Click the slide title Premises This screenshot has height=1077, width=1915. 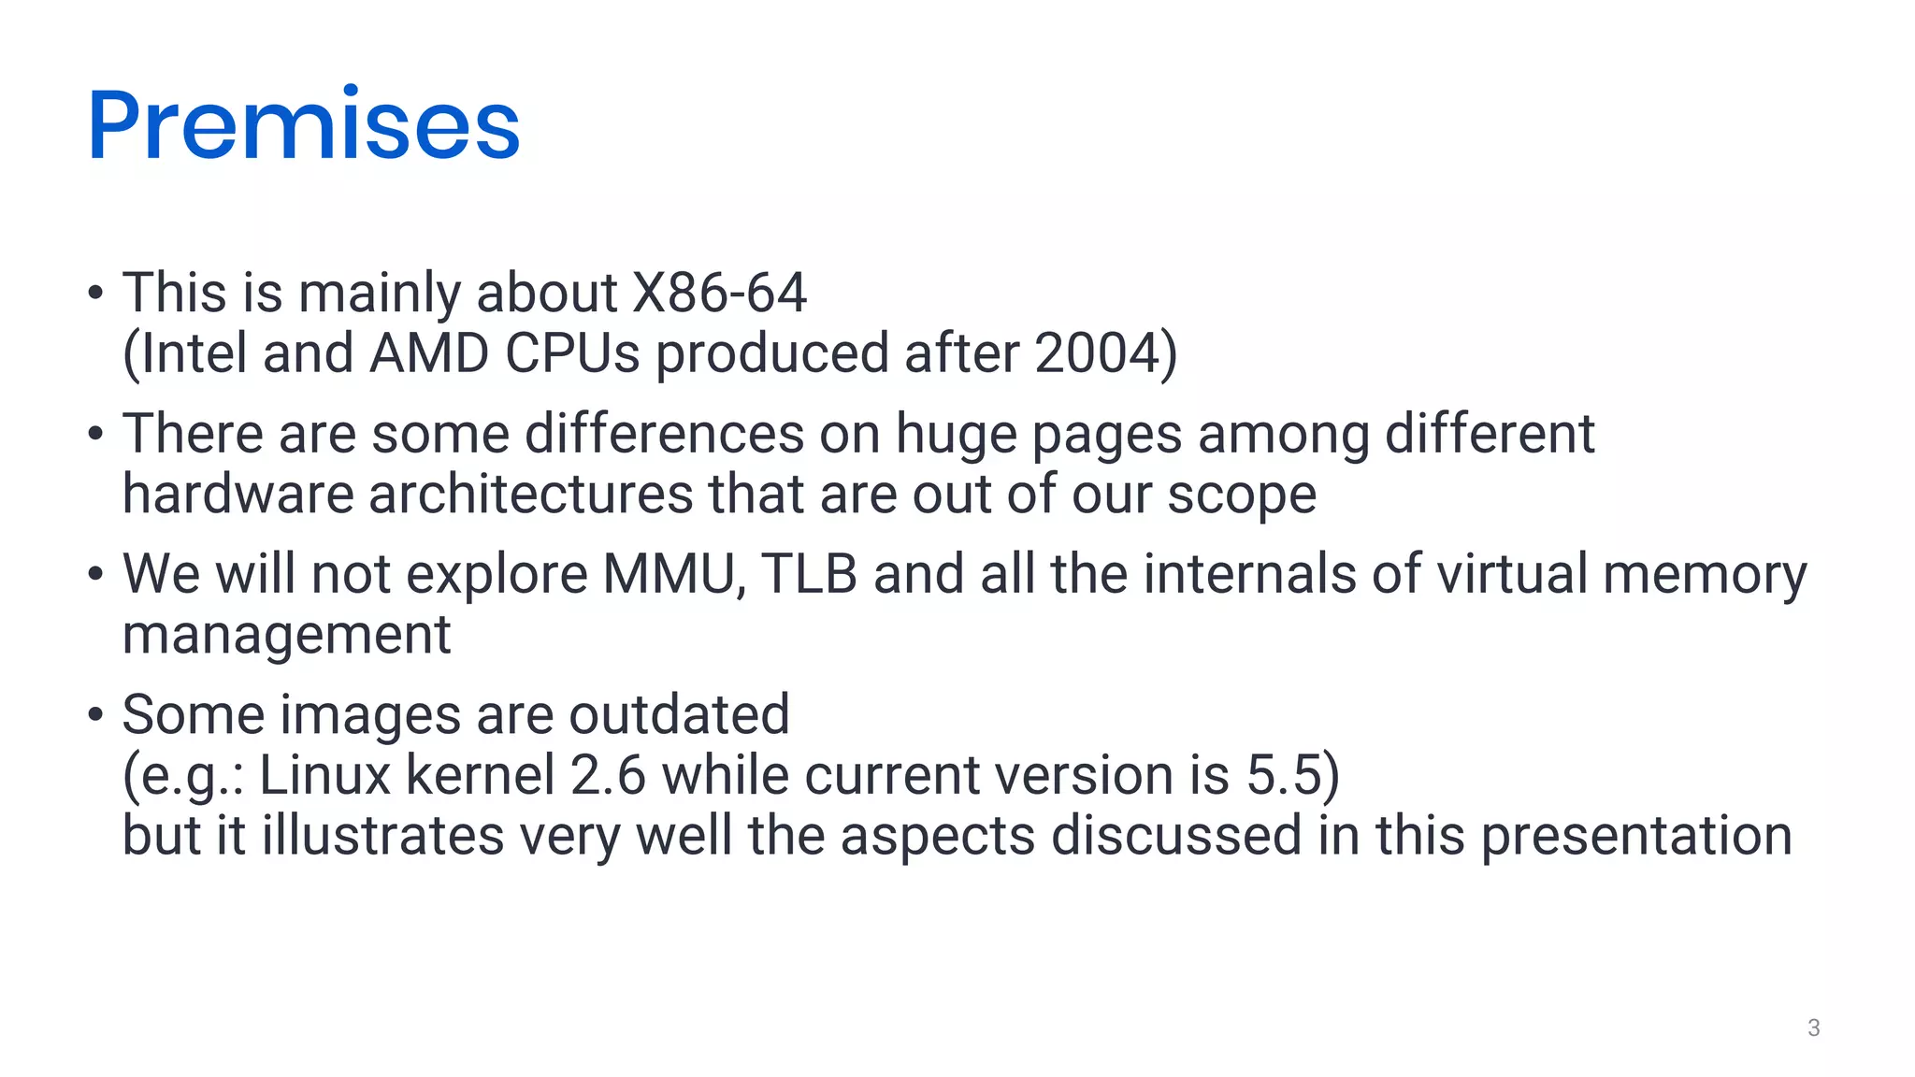click(x=304, y=124)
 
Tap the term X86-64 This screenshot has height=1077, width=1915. click(x=719, y=293)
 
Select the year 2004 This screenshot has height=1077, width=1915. click(x=1098, y=353)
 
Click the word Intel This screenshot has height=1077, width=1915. click(x=194, y=353)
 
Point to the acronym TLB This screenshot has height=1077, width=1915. click(x=809, y=574)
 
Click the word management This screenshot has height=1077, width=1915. click(x=286, y=636)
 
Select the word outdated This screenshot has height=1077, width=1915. click(x=679, y=714)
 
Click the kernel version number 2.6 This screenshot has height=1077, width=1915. click(x=608, y=775)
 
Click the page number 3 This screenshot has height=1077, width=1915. click(x=1813, y=1027)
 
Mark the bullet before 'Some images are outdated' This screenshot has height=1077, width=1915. click(x=94, y=714)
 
